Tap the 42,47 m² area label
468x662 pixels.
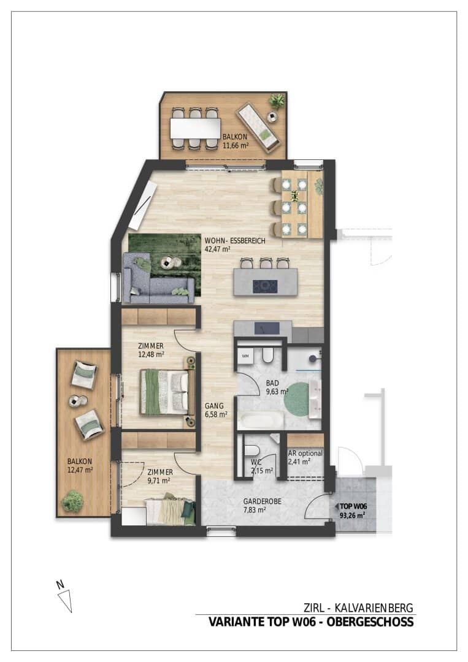(218, 249)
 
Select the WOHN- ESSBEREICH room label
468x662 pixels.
(235, 241)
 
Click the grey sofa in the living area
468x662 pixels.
(157, 279)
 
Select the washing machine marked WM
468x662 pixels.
(245, 356)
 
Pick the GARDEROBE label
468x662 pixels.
(263, 501)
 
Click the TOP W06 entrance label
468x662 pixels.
(353, 506)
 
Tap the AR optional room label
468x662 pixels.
(305, 453)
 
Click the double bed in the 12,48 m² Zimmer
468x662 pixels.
(164, 392)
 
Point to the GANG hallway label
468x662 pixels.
(214, 406)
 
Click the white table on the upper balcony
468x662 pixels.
(195, 128)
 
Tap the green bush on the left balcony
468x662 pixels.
(72, 501)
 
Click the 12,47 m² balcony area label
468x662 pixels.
(80, 470)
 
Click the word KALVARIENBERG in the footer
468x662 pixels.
(374, 608)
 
